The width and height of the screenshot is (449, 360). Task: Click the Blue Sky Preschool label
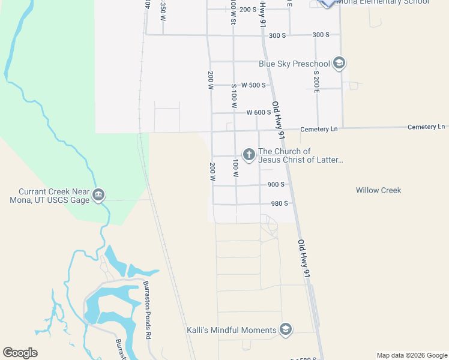(x=294, y=64)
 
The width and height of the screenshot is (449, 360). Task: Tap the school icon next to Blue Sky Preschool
(x=339, y=63)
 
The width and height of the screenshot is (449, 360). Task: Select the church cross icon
(x=249, y=155)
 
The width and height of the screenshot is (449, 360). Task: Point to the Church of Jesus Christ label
(x=300, y=155)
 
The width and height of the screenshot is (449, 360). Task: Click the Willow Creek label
(x=378, y=190)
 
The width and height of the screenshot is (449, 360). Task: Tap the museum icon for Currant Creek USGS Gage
(x=99, y=194)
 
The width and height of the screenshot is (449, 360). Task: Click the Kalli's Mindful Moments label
(x=231, y=330)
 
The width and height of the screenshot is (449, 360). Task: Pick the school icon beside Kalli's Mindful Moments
(x=286, y=329)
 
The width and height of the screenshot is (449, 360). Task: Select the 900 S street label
(x=277, y=185)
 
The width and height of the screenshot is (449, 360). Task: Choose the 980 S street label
(x=280, y=203)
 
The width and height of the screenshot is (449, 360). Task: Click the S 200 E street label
(x=316, y=82)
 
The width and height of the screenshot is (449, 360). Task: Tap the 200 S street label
(x=247, y=10)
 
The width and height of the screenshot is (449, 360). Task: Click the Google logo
(x=20, y=353)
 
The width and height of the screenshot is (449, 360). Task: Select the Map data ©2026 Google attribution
(x=412, y=355)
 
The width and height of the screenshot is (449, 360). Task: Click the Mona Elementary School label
(x=383, y=2)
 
